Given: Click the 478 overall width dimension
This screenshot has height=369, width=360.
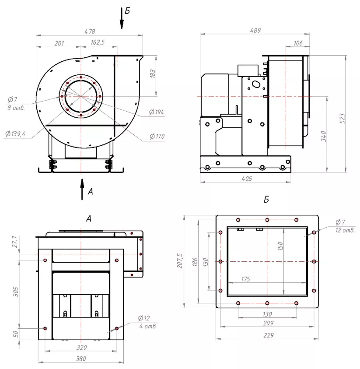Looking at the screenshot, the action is point(90,32).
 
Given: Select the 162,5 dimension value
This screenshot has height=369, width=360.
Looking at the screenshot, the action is point(98,42).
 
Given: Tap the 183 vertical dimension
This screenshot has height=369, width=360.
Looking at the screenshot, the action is point(153,74).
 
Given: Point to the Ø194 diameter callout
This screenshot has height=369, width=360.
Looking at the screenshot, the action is point(156,112).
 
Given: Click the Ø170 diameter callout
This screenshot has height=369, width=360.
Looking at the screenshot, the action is point(157,136).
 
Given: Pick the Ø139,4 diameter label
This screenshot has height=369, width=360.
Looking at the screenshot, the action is point(15,134).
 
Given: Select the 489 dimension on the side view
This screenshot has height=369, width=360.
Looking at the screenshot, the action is point(255,30).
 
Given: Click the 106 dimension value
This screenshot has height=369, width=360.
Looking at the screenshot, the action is point(298,43).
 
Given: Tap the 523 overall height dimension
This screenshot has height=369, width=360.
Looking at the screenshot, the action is point(343,118).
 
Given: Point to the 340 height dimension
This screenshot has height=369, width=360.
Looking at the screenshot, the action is point(324,136).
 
